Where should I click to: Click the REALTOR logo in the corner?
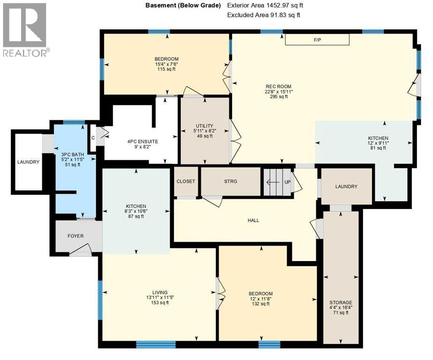24,30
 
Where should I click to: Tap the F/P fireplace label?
318,40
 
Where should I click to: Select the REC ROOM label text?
279,86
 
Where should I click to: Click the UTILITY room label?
205,126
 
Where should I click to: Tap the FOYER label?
76,236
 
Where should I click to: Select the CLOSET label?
186,181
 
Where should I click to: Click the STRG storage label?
231,181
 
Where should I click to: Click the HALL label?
253,220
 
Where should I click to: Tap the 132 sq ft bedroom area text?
260,304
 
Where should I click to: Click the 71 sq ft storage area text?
341,313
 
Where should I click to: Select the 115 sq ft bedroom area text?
167,69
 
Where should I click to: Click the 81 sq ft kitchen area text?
378,148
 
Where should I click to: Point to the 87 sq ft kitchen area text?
136,217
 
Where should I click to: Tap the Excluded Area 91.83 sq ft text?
263,15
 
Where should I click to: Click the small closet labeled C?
92,138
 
